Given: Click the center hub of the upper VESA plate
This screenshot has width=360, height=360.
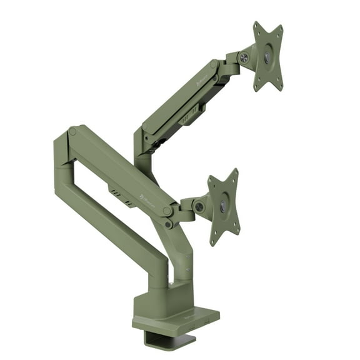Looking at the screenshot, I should click(x=267, y=57).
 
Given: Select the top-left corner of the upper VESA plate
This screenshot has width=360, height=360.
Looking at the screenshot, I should click(x=256, y=25).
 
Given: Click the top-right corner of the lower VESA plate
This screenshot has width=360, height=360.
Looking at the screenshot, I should click(x=234, y=172).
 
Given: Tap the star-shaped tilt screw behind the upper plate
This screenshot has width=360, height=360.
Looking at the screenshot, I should click(x=244, y=57).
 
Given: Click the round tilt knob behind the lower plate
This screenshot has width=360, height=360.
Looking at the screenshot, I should click(x=199, y=206).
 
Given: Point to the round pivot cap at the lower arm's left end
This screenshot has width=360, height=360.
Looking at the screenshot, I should click(x=73, y=132).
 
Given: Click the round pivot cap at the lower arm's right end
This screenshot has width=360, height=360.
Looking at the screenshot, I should click(x=167, y=211).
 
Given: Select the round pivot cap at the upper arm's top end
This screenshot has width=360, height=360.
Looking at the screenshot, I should click(x=214, y=64).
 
